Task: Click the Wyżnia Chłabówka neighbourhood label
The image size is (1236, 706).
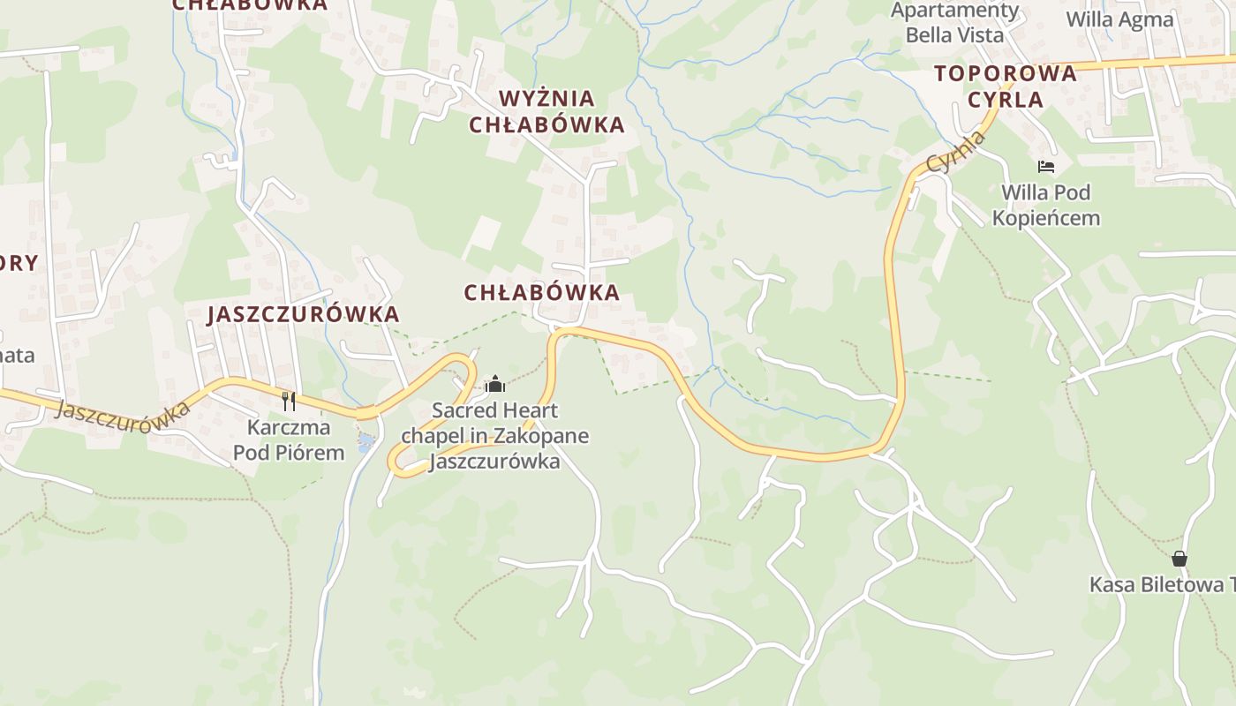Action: pos(546,111)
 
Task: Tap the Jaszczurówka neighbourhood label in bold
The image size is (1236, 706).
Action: pos(303,314)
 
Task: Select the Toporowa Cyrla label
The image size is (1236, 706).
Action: pos(1006,86)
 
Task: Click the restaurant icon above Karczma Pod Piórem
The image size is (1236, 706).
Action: pos(289,402)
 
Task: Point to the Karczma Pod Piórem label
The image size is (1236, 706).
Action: pos(289,440)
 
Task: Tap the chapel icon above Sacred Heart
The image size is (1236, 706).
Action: pos(495,384)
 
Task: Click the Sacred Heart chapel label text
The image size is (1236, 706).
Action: pos(494,435)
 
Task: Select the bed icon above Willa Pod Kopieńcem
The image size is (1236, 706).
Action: pos(1046,166)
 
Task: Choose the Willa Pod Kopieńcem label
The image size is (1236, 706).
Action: pos(1046,205)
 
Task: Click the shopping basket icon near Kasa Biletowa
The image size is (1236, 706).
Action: pos(1179,559)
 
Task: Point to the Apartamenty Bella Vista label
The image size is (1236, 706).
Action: pos(954,23)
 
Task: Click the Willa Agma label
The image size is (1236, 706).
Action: pos(1119,19)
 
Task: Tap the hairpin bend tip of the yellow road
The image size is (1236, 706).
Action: pos(392,462)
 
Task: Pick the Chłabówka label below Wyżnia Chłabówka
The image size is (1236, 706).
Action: pos(541,293)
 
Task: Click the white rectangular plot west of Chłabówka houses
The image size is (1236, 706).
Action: pos(482,237)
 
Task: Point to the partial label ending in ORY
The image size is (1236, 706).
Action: pos(19,262)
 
